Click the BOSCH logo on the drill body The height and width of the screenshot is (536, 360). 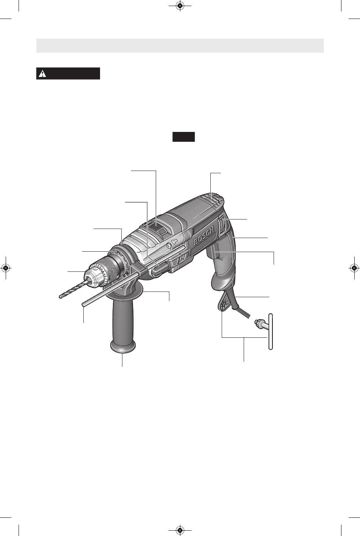(203, 237)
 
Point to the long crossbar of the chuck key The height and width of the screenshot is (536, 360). (271, 332)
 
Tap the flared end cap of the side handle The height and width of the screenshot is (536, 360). (123, 347)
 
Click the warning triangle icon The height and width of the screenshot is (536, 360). (42, 74)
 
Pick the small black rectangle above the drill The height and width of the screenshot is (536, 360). (183, 136)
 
